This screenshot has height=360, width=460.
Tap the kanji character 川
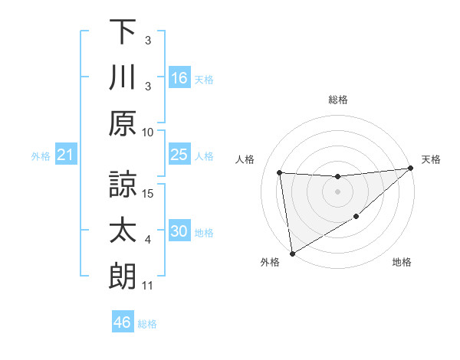(x=122, y=77)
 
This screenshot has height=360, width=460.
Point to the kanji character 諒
(x=122, y=182)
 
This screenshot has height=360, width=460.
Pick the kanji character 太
(x=122, y=230)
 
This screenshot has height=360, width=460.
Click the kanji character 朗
(x=122, y=276)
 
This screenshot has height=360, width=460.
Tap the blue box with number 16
(x=179, y=77)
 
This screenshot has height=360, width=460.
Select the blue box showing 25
(x=179, y=155)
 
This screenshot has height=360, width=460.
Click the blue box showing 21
(x=66, y=155)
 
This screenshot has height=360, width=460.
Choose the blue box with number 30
(x=179, y=231)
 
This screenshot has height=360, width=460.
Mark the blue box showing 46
(x=123, y=322)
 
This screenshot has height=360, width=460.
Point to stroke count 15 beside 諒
(x=148, y=192)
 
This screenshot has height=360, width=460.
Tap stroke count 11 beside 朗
(x=148, y=286)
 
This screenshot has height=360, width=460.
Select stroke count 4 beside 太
(x=148, y=240)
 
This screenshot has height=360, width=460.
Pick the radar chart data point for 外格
(x=292, y=253)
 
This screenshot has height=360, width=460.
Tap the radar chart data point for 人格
(x=280, y=172)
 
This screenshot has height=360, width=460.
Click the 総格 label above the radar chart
(x=338, y=100)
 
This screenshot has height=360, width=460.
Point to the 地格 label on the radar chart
(x=402, y=262)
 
